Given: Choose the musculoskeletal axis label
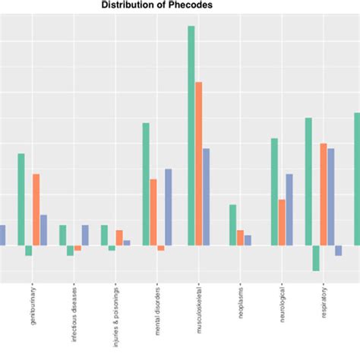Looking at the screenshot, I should (x=199, y=311).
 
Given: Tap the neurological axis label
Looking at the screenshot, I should (x=283, y=305).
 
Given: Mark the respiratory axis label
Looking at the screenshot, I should (x=324, y=304).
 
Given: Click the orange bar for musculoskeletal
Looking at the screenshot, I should (x=199, y=163).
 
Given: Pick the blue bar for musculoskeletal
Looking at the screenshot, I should (x=207, y=197).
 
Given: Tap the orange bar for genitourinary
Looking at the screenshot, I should (x=36, y=210).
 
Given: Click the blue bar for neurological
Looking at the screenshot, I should (x=289, y=210).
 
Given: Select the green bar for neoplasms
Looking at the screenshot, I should (x=233, y=225).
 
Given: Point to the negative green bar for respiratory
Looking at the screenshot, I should (x=316, y=258).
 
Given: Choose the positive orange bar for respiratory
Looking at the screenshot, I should (x=324, y=194).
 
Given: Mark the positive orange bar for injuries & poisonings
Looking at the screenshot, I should (x=119, y=238).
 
